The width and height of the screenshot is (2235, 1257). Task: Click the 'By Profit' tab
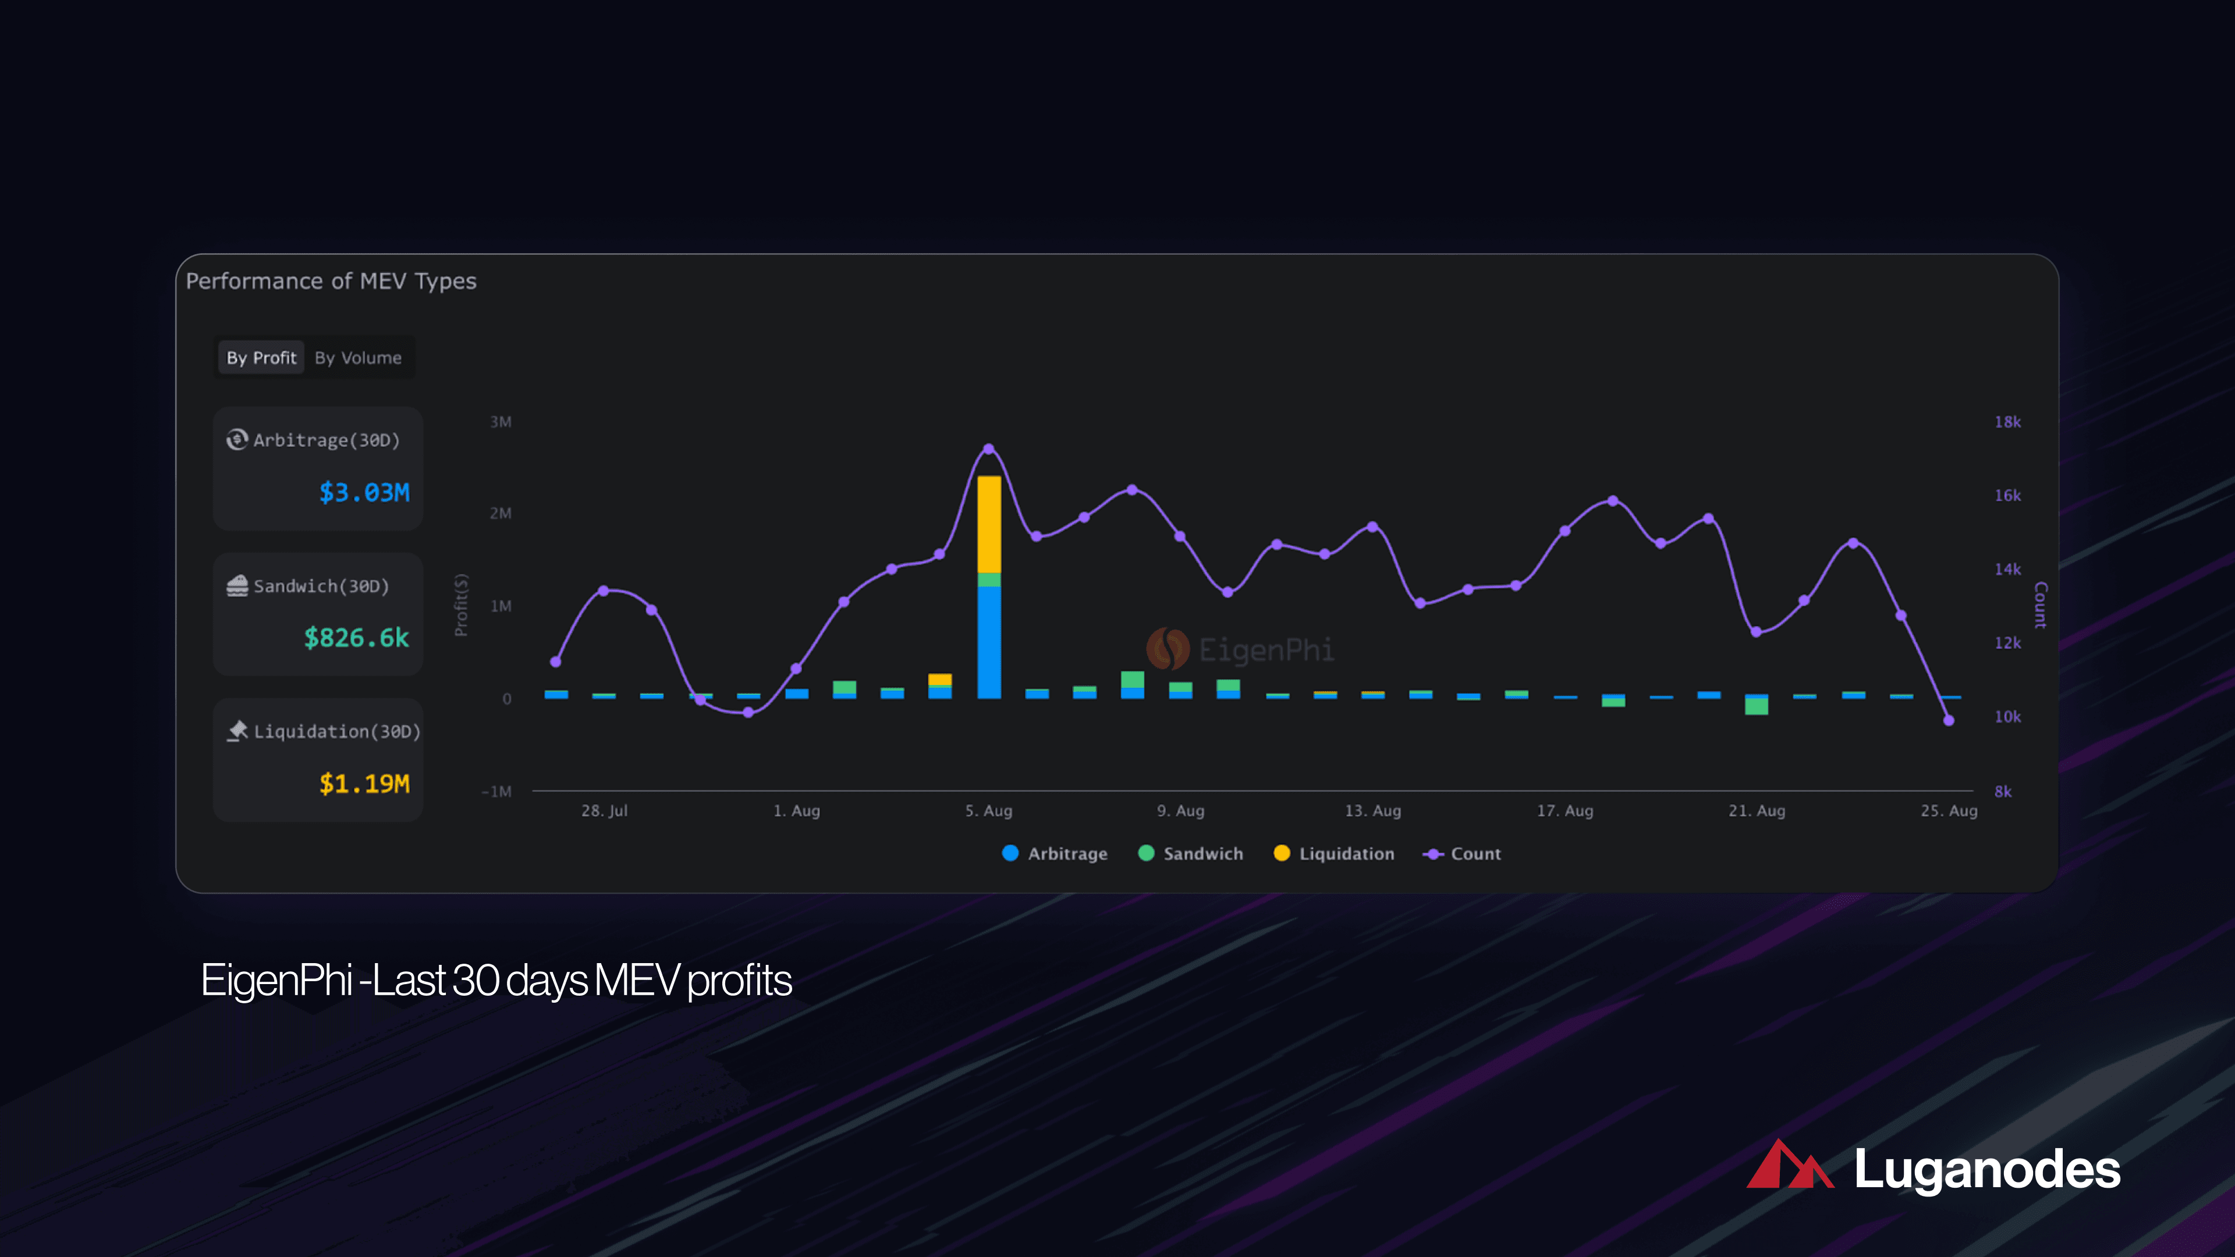pos(261,357)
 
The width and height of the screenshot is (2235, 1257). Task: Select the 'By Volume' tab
pos(357,357)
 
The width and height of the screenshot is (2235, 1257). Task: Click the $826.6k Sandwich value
pos(356,638)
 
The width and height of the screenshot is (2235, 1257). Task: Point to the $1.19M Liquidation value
pos(364,783)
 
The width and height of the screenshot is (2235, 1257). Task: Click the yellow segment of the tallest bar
pos(988,523)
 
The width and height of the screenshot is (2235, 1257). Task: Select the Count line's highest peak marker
pos(988,449)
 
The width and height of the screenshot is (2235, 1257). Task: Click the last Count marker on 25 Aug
pos(1949,720)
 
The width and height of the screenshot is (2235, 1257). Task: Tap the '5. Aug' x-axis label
pos(988,810)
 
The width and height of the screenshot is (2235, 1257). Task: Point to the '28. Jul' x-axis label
pos(604,810)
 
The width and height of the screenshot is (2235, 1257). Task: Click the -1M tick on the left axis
pos(496,791)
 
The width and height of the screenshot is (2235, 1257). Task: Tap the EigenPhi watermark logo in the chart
pos(1168,649)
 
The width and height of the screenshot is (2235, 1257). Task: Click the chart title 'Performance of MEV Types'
pos(331,281)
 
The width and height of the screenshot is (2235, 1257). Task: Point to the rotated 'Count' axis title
pos(2040,605)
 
